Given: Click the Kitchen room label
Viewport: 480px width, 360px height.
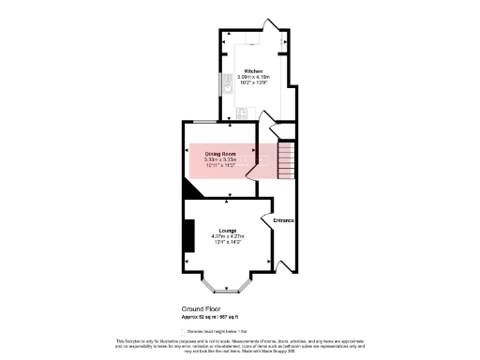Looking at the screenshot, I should (x=253, y=72).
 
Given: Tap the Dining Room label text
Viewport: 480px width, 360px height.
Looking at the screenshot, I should (x=220, y=153).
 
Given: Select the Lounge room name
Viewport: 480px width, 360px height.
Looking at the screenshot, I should (x=228, y=230).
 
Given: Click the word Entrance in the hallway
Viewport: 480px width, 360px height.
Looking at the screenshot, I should (x=284, y=220).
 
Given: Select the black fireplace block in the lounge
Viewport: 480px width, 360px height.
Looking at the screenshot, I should (x=189, y=234).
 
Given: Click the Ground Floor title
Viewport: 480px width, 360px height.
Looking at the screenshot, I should (x=201, y=307).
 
